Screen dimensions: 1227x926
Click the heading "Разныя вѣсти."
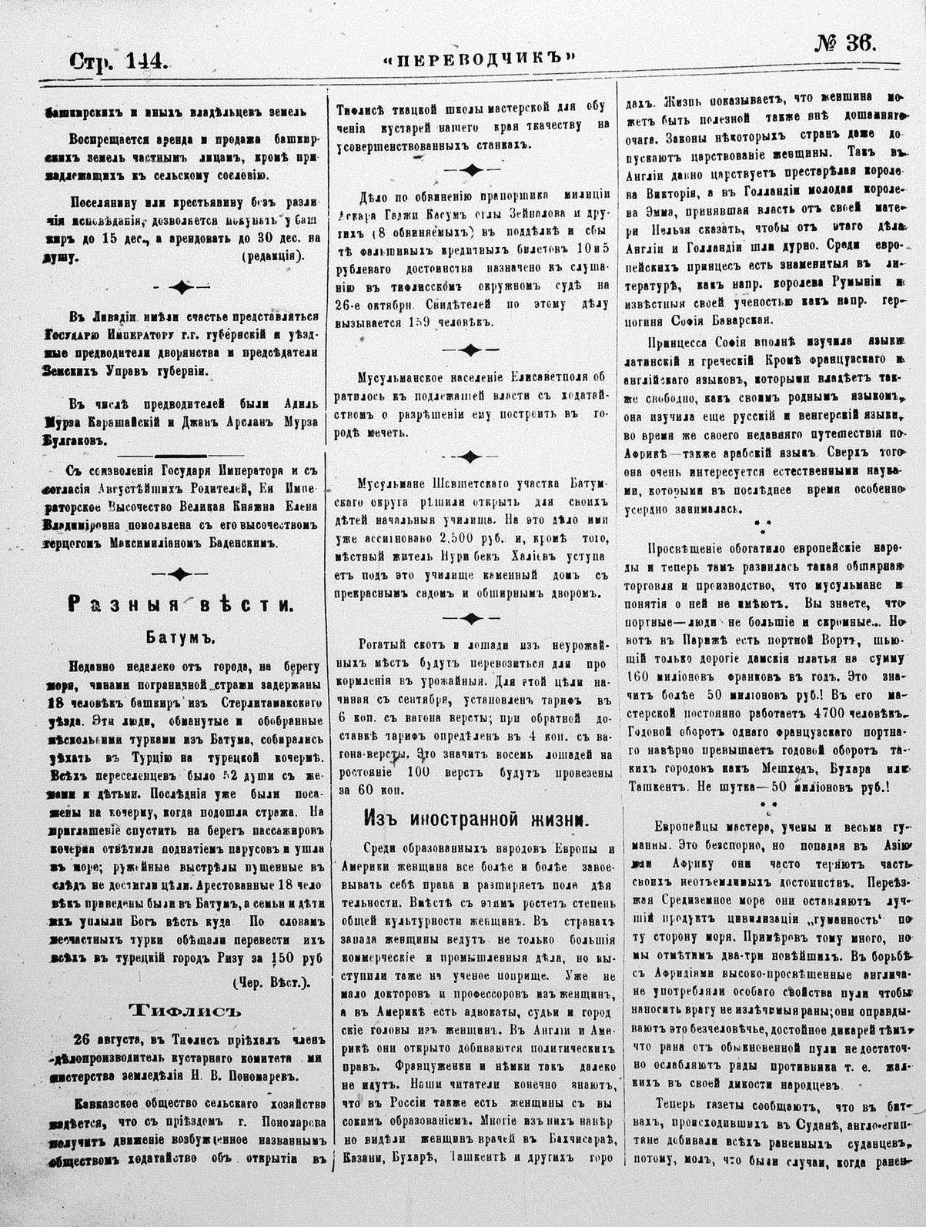(x=180, y=604)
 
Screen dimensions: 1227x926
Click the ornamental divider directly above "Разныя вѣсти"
(x=180, y=572)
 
